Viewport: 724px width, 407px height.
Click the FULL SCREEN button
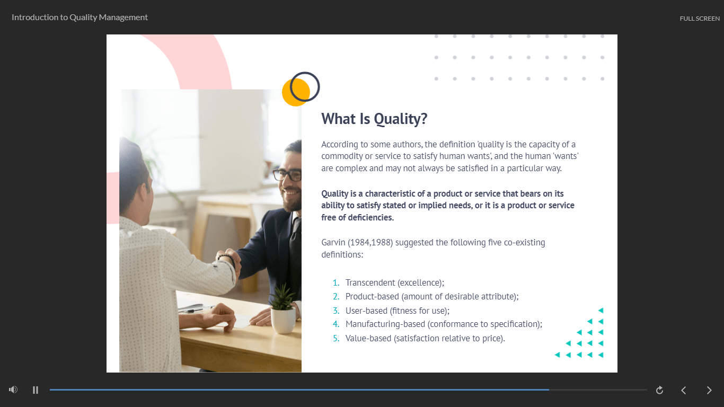coord(700,19)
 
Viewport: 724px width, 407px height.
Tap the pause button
coord(36,390)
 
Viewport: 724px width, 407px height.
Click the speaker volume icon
coord(13,390)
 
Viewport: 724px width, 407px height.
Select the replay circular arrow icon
coord(660,390)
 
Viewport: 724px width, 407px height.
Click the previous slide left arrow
coord(684,390)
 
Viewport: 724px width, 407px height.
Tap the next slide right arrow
coord(709,390)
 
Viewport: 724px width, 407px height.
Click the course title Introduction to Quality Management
coord(80,17)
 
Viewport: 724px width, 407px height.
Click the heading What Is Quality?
coord(374,119)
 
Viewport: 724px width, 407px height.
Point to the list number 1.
coord(336,283)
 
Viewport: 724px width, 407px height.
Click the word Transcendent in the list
coord(370,283)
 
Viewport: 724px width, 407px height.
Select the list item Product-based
coord(432,297)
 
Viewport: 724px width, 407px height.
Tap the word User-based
coord(367,311)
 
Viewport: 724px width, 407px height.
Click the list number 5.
coord(336,339)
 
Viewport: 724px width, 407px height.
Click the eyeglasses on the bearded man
coord(287,175)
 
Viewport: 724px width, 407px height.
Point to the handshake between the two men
coord(229,262)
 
